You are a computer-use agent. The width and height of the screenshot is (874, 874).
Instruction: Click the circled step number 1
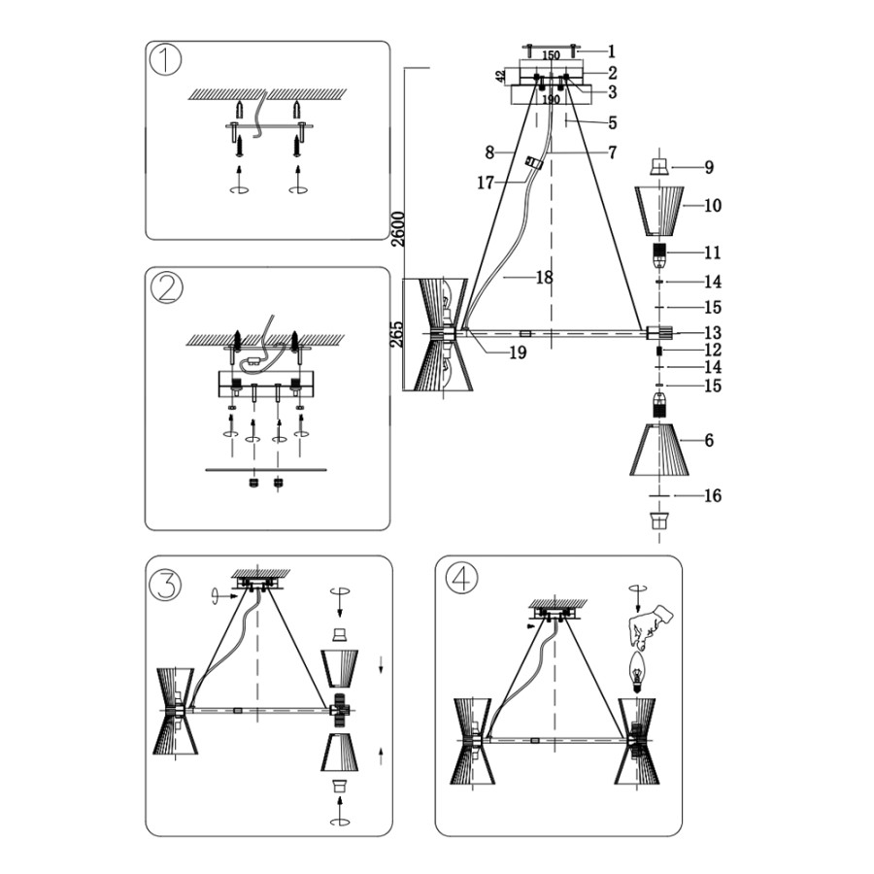tap(167, 60)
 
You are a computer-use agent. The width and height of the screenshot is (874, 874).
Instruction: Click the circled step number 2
tap(167, 287)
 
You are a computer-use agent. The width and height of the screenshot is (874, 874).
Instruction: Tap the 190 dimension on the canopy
tap(551, 100)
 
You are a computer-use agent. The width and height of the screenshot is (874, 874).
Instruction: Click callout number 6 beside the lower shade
tap(710, 440)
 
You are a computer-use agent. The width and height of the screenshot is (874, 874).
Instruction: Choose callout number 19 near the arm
tap(518, 353)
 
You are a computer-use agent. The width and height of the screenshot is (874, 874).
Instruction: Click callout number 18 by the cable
tap(544, 278)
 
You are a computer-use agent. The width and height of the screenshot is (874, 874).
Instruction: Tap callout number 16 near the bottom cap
tap(713, 496)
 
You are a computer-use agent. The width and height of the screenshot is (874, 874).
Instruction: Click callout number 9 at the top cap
tap(710, 167)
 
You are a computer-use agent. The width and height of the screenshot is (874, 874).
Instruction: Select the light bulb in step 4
tap(638, 671)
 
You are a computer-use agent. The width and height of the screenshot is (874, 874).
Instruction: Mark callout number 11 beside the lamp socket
tap(713, 252)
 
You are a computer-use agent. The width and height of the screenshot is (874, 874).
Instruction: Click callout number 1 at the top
tap(612, 50)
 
